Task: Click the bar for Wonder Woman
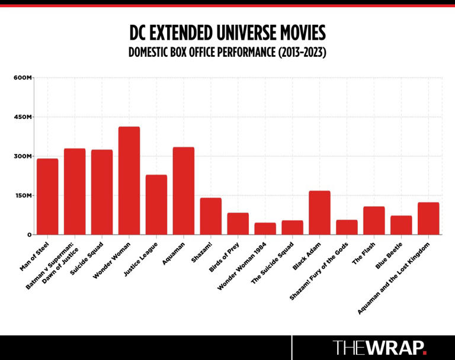129,181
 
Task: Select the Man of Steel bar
47,197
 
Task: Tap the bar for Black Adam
319,213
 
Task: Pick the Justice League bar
156,205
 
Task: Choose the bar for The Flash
374,220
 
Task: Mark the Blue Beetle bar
401,225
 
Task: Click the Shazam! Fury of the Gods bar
347,227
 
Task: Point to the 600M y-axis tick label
22,78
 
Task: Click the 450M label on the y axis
22,117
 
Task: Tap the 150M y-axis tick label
22,195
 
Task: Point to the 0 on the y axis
28,234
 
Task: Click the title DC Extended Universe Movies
227,33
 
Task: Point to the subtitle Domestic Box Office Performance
227,53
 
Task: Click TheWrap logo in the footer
379,347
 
